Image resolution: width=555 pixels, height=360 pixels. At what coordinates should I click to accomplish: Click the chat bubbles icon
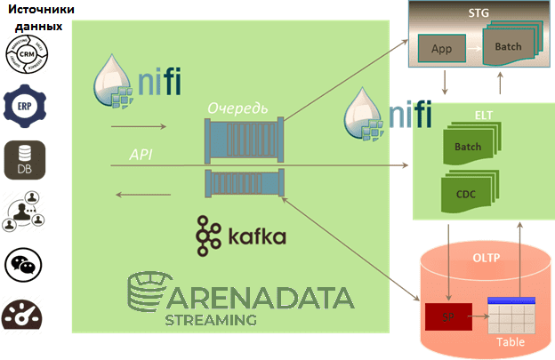click(x=23, y=265)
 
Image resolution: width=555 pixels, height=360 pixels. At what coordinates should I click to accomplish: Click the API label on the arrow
click(x=141, y=155)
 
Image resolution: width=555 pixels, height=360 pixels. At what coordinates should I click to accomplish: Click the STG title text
click(x=479, y=13)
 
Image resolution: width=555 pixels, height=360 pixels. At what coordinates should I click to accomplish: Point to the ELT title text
click(x=483, y=115)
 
